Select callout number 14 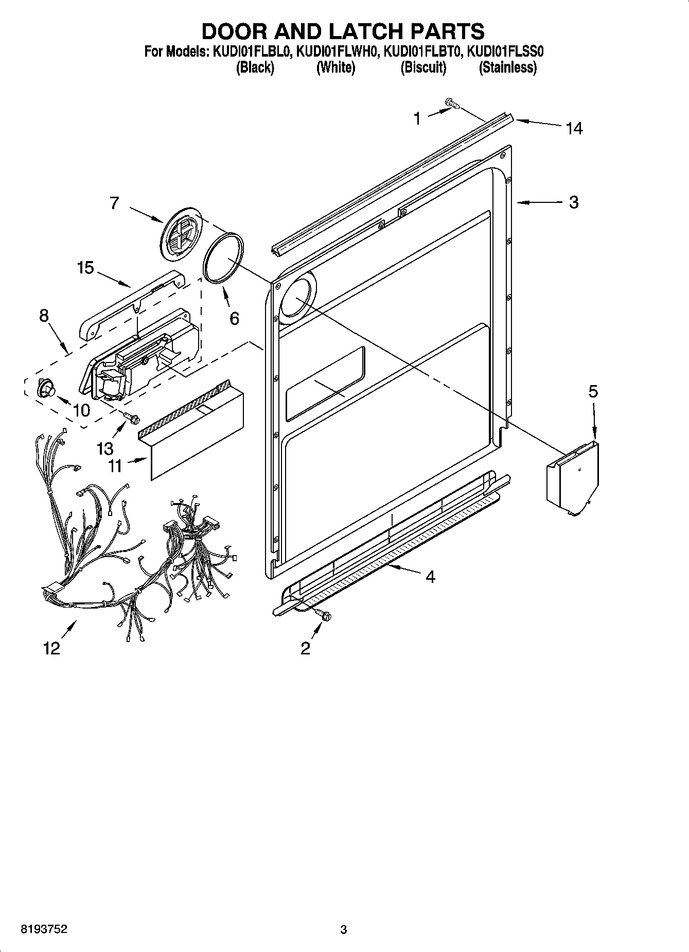(x=574, y=128)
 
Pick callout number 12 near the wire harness (x=52, y=648)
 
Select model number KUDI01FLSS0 (x=505, y=52)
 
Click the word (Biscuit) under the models (x=423, y=67)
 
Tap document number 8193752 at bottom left (x=44, y=929)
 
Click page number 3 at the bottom (x=344, y=929)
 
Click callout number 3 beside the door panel (x=574, y=202)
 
